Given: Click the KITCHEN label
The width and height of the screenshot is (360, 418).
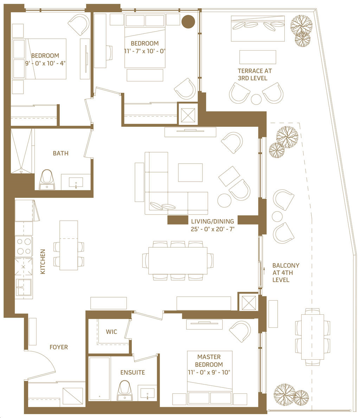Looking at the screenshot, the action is click(x=43, y=262).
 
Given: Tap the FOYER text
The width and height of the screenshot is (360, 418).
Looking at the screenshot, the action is click(x=59, y=347).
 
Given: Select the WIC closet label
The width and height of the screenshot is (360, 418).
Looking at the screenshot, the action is click(x=111, y=332).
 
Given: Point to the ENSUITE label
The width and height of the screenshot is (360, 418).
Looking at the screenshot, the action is click(x=133, y=372).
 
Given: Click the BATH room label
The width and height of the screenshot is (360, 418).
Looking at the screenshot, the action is click(x=60, y=153).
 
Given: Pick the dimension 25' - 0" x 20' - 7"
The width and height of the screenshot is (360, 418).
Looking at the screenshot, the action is click(x=212, y=229).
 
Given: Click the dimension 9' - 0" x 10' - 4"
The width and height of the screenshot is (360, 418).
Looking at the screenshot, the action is click(x=45, y=63).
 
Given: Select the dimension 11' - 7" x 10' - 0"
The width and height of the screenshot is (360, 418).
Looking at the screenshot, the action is click(x=145, y=51).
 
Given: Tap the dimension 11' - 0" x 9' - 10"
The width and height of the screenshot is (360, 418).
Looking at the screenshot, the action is click(x=209, y=372).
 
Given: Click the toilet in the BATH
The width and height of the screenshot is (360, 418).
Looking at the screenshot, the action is click(x=47, y=180).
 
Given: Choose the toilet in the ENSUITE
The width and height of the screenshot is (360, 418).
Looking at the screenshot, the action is click(x=124, y=391).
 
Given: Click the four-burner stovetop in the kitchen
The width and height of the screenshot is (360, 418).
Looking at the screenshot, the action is click(x=24, y=247).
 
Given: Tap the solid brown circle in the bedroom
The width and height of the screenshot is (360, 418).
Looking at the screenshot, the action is click(x=188, y=21).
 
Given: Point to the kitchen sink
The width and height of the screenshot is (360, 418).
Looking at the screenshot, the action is click(x=24, y=287).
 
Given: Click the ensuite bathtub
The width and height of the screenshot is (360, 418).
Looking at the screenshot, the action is click(x=99, y=379).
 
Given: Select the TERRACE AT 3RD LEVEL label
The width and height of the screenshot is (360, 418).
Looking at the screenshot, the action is click(x=255, y=74).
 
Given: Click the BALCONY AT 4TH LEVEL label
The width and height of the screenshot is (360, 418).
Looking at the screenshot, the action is click(x=285, y=273).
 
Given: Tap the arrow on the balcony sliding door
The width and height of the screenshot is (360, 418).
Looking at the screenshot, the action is click(x=264, y=272).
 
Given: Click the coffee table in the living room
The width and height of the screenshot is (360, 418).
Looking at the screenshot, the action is click(x=190, y=172).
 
